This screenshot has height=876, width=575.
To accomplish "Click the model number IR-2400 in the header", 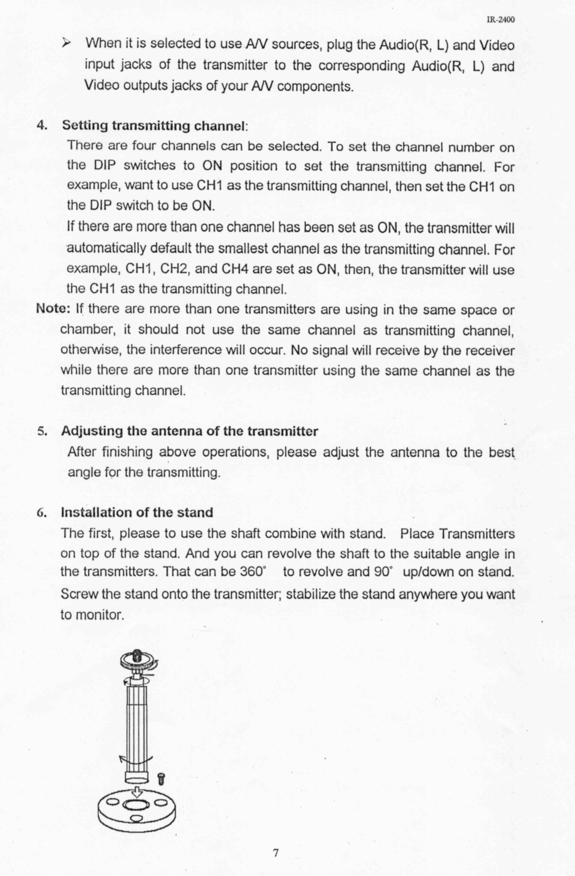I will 500,20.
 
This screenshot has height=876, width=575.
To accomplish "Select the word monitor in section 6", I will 99,615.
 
